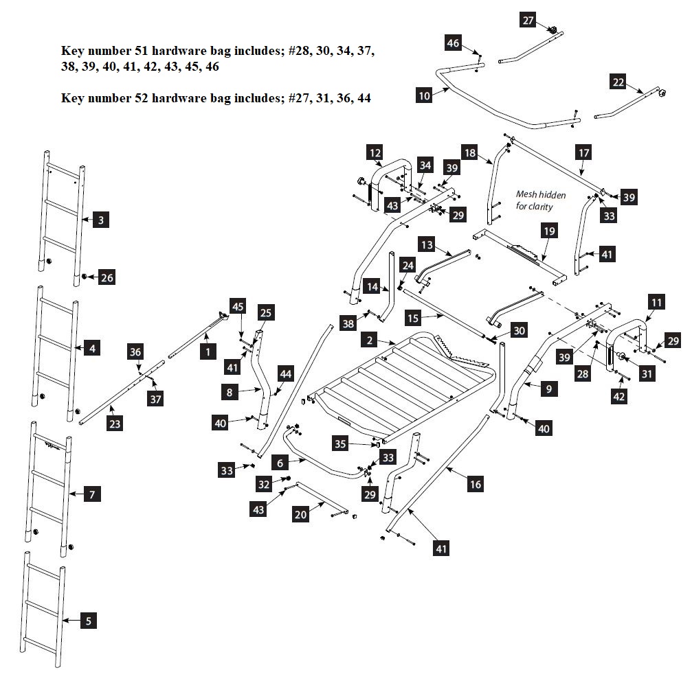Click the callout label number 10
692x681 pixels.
pyautogui.click(x=424, y=95)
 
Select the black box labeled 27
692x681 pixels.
pyautogui.click(x=528, y=21)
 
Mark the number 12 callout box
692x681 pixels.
pyautogui.click(x=374, y=152)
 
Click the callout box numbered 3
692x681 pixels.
pyautogui.click(x=101, y=220)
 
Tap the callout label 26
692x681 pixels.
pyautogui.click(x=106, y=277)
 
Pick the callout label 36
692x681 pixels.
pyautogui.click(x=135, y=351)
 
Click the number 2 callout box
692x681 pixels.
pyautogui.click(x=370, y=340)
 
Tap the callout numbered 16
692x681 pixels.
pyautogui.click(x=475, y=484)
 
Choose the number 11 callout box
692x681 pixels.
pyautogui.click(x=656, y=301)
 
